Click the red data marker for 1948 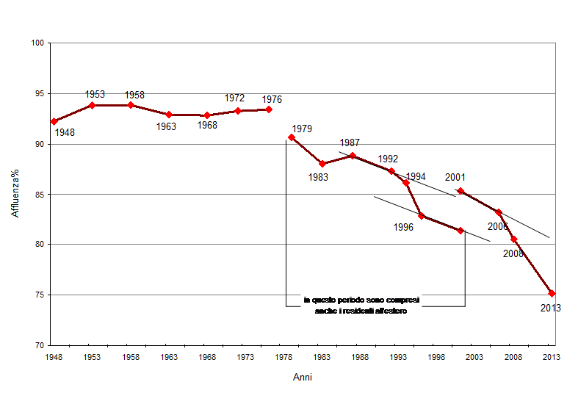(54, 121)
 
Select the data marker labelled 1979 (292, 137)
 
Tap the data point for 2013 (552, 293)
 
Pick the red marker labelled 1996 (422, 216)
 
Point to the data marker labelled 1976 (269, 109)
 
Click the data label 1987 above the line (350, 143)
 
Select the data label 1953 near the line (95, 94)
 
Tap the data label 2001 (455, 177)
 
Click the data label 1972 (234, 98)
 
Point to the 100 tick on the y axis (38, 43)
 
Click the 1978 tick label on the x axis (283, 357)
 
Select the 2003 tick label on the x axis (475, 357)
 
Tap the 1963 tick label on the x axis (169, 357)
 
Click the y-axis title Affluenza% (15, 194)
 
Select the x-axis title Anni (302, 377)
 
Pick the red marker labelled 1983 (322, 163)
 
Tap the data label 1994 (416, 176)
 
